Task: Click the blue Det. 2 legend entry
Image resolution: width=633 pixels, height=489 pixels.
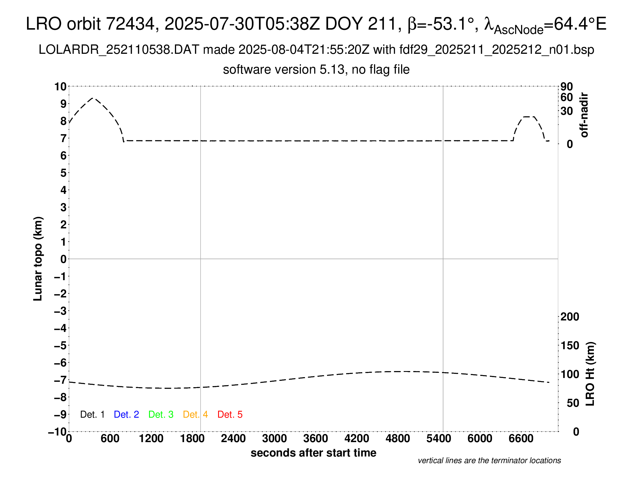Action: pos(126,414)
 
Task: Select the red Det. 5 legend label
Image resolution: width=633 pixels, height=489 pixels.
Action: pos(230,414)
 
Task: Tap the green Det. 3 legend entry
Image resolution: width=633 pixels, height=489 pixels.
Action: pos(161,414)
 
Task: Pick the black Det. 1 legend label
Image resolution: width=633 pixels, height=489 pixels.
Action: pos(92,414)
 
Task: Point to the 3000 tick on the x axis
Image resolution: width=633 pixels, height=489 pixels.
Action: pos(274,439)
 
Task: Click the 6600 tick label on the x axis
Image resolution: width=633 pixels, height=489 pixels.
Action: pos(521,439)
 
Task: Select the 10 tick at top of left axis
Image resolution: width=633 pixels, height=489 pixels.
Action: pos(61,87)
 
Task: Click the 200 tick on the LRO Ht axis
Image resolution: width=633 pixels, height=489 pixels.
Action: pos(570,317)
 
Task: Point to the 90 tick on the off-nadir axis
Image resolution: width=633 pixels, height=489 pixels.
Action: pos(567,87)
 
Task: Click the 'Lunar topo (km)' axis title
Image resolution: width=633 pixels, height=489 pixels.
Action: pos(38,259)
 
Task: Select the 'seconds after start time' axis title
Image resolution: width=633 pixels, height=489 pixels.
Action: pos(313,453)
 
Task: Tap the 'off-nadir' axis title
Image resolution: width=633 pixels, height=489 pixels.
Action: pos(584,115)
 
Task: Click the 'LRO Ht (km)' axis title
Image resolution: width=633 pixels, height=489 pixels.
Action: pos(590,374)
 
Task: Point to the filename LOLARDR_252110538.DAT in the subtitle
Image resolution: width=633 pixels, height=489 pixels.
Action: pos(119,50)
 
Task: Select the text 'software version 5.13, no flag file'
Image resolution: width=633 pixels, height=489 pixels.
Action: pos(316,70)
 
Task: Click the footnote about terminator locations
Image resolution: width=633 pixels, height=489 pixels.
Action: pos(489,461)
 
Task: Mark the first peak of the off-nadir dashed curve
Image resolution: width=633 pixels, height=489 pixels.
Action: pos(93,98)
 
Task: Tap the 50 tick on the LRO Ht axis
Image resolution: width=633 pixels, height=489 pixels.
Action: pos(573,403)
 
